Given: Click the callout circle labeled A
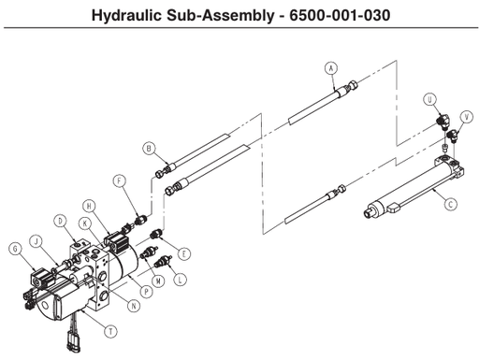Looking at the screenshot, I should (x=330, y=67).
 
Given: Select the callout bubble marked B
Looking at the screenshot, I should (x=148, y=148).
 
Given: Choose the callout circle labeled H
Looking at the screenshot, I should (x=88, y=206).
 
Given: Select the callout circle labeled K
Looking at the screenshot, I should (x=84, y=223).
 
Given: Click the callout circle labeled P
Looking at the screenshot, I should (x=144, y=293).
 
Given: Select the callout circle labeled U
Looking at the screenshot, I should (x=430, y=99).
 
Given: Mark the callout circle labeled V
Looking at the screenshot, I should (x=467, y=116).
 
